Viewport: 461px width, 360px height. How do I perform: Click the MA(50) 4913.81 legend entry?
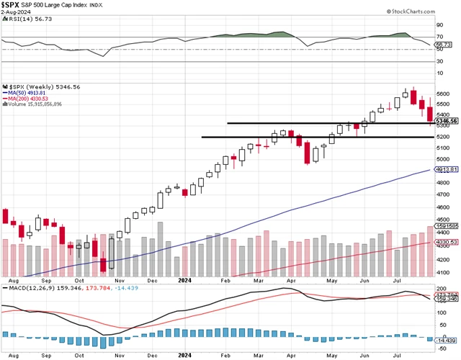point(27,92)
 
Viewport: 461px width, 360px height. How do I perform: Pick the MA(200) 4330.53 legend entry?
point(29,98)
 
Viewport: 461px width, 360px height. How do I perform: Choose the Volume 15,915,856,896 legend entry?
point(36,104)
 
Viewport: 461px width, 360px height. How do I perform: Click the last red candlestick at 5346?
point(430,114)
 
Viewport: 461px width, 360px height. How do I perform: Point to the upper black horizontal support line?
point(324,123)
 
